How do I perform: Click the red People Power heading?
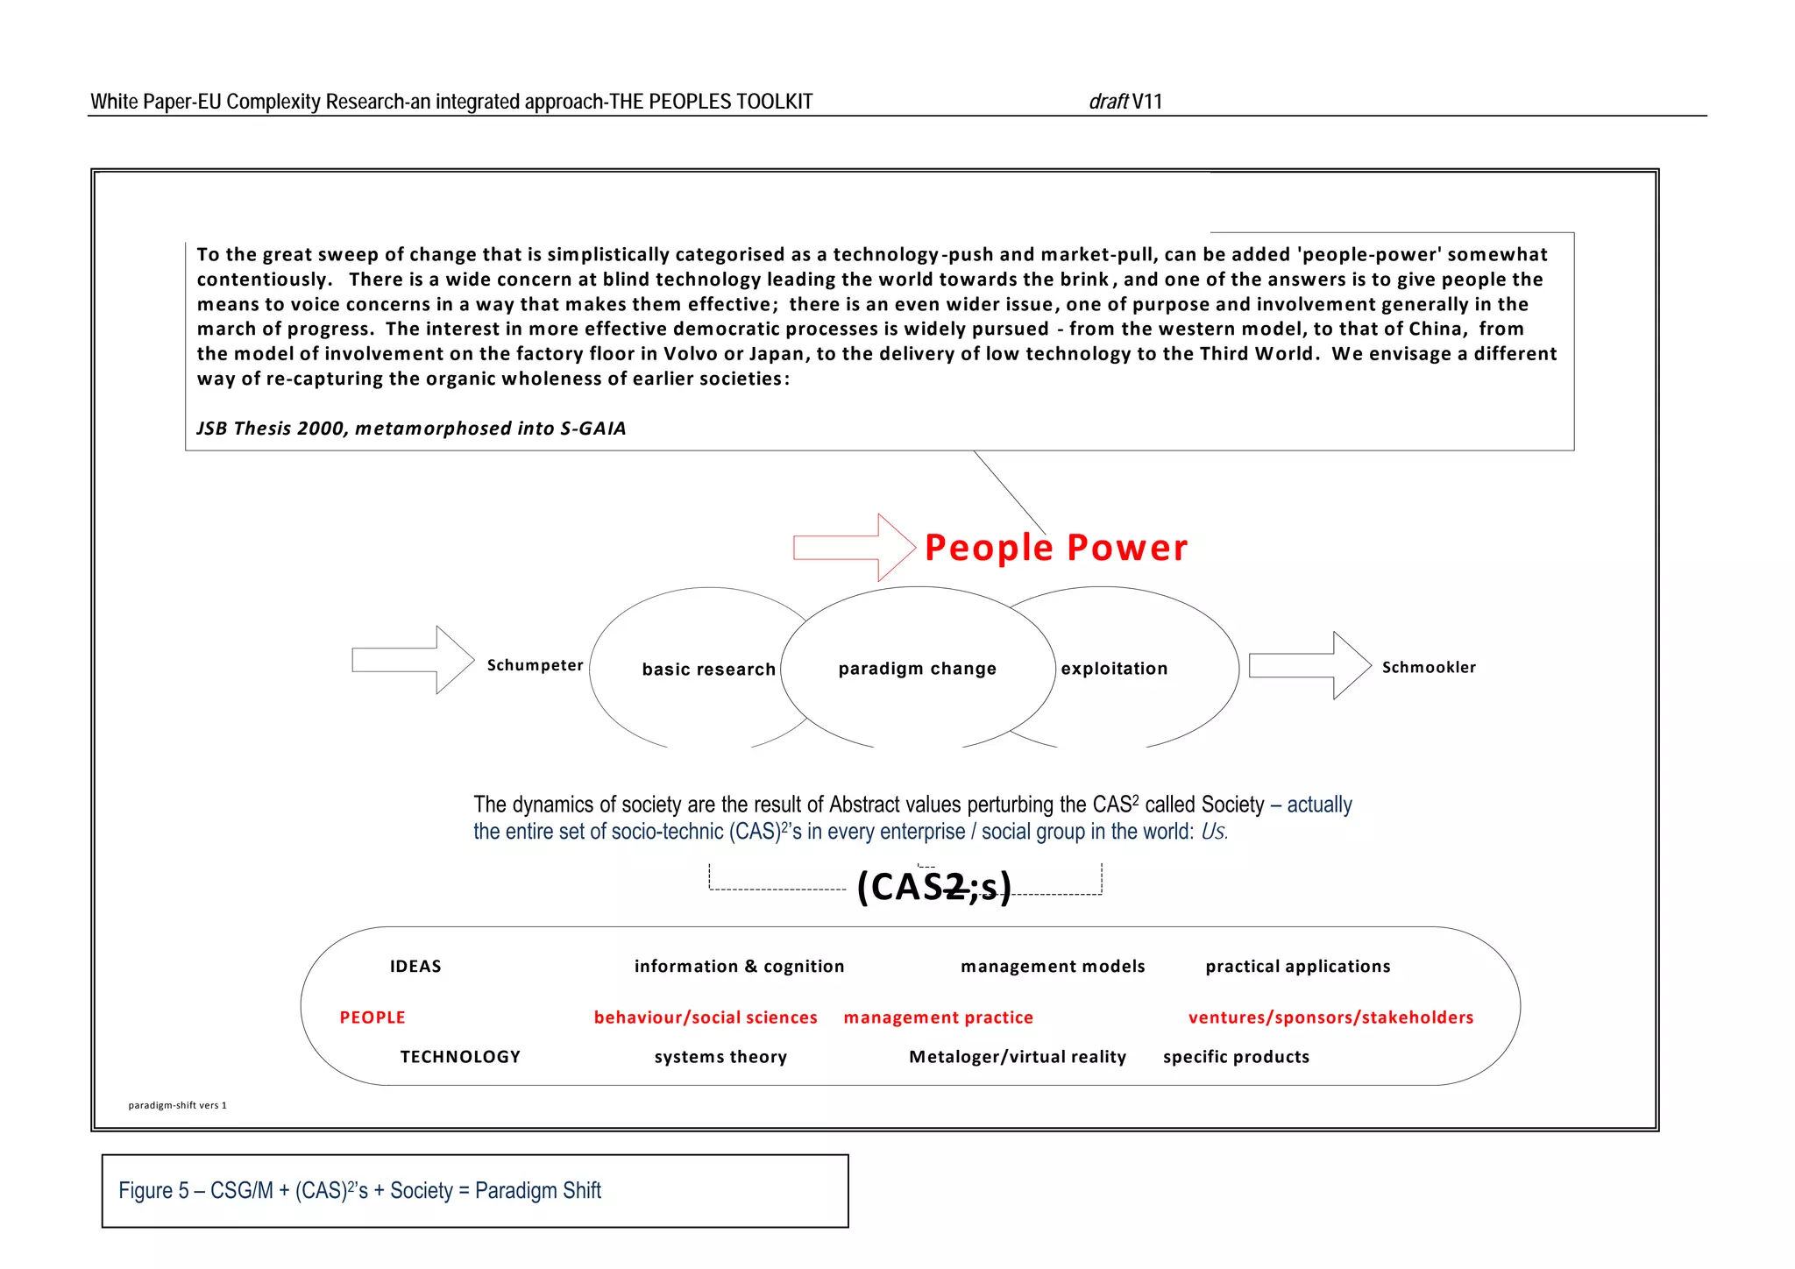tap(1055, 548)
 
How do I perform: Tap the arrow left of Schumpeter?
tap(411, 660)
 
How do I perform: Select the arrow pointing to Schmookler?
tap(1309, 665)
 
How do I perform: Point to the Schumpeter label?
tap(535, 665)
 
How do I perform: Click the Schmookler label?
tap(1429, 667)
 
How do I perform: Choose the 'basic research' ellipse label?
tap(708, 670)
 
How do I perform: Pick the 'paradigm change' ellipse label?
tap(917, 669)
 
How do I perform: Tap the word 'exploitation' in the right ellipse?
tap(1114, 669)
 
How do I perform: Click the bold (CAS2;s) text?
tap(933, 887)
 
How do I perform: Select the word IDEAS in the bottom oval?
tap(415, 966)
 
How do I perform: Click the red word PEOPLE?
tap(372, 1017)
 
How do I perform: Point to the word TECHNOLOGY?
tap(460, 1057)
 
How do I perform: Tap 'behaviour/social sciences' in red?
tap(706, 1017)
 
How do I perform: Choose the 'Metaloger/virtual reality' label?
tap(1018, 1057)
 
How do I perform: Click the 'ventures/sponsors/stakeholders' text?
tap(1330, 1017)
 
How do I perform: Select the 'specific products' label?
tap(1236, 1057)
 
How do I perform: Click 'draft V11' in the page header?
tap(1125, 102)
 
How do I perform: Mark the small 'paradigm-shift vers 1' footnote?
tap(177, 1105)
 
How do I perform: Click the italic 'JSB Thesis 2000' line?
tap(411, 429)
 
